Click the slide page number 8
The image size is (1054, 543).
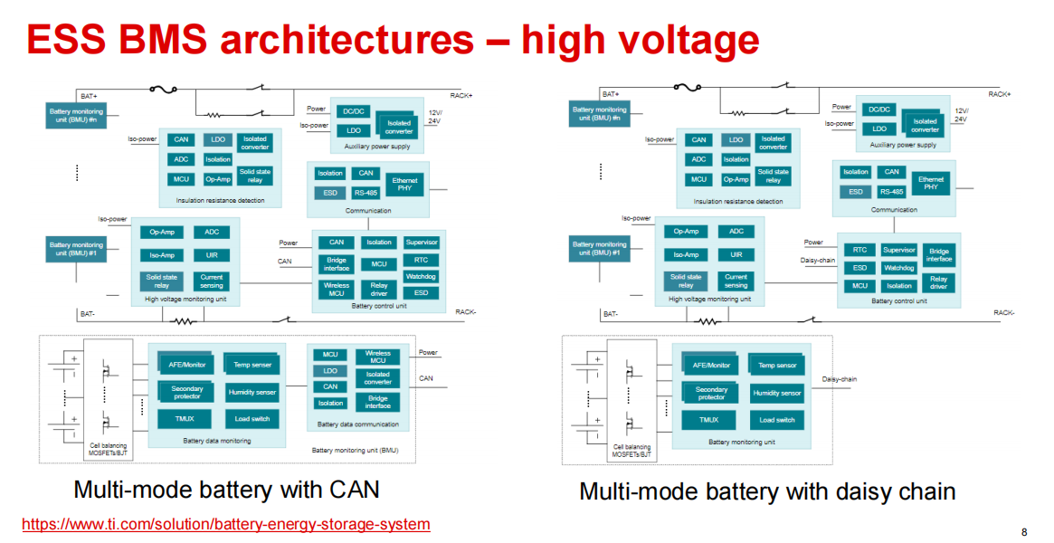(x=1024, y=531)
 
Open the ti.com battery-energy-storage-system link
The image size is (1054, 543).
(x=225, y=524)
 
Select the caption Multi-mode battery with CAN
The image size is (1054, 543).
(x=226, y=490)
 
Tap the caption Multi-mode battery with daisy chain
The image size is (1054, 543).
(x=767, y=491)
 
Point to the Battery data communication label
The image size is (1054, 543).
(x=357, y=424)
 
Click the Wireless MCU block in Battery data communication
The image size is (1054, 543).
(x=378, y=357)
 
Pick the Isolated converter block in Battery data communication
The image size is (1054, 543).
(x=378, y=378)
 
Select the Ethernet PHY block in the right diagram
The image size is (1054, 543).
(x=931, y=183)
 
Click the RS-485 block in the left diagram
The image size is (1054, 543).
(x=366, y=193)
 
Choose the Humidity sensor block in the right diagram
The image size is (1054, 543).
(x=777, y=394)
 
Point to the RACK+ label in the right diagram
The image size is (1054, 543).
(x=999, y=94)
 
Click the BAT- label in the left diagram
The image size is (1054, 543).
(x=88, y=313)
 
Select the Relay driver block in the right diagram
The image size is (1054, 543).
(x=939, y=283)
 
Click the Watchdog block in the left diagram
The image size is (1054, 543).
(x=421, y=276)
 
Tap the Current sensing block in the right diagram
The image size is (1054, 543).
(x=736, y=281)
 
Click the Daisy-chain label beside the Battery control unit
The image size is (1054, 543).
(x=818, y=260)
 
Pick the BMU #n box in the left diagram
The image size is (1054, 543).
(x=76, y=114)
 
